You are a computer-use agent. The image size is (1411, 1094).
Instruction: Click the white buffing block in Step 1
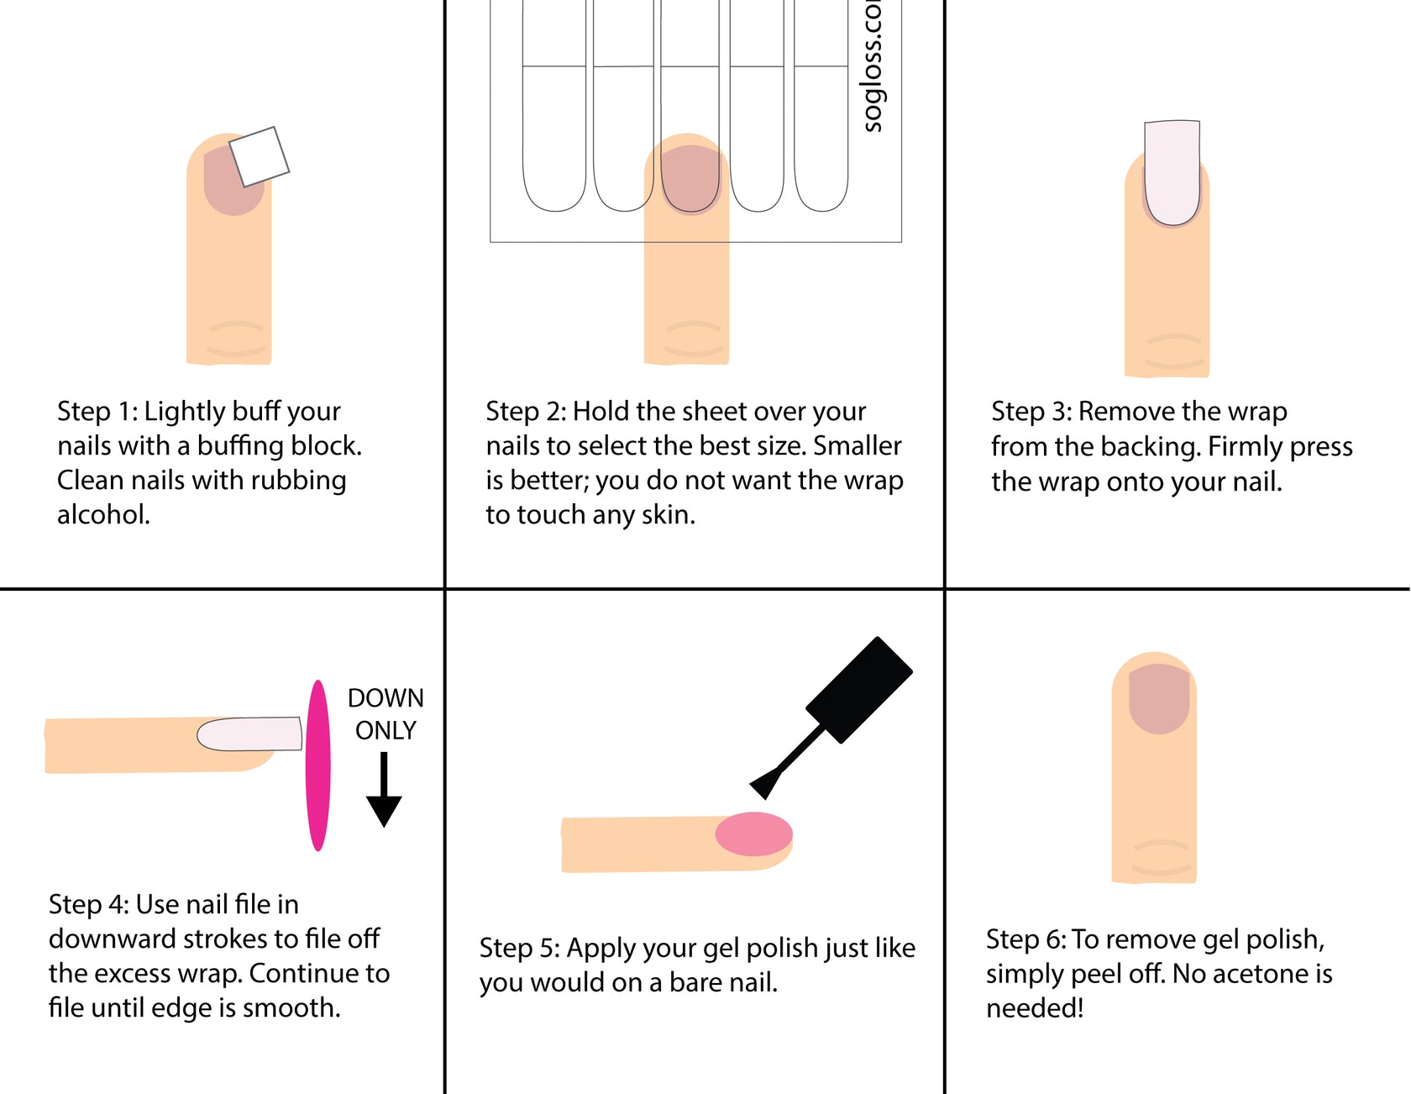259,156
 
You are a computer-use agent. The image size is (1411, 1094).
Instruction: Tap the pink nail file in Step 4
317,765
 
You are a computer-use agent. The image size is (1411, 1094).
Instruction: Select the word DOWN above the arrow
386,698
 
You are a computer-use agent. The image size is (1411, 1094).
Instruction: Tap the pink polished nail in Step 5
753,834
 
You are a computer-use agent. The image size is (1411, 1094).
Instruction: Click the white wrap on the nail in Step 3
1172,172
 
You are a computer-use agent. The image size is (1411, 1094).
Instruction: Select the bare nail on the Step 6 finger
1159,697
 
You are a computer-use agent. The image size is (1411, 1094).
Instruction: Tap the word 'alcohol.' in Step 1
103,514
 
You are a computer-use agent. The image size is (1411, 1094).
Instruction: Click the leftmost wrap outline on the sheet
554,118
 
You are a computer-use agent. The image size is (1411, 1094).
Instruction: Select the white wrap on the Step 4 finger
249,734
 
